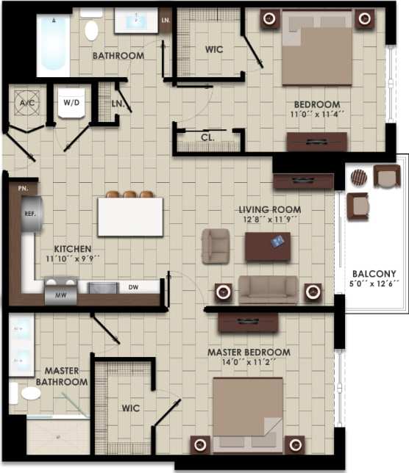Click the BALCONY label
[374, 274]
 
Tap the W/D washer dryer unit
[71, 102]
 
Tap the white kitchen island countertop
[130, 217]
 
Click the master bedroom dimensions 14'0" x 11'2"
[248, 362]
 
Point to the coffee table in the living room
[268, 246]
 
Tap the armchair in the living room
[216, 246]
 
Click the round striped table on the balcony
[358, 178]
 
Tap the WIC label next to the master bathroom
[131, 408]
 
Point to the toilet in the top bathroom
[92, 29]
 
